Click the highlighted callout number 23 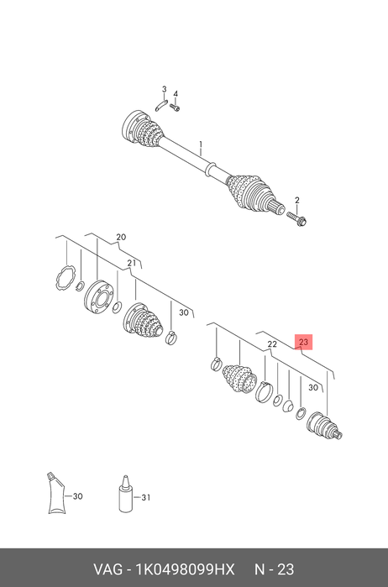coord(303,342)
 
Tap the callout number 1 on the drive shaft coord(201,144)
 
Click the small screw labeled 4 coord(175,107)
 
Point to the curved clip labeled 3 coord(160,106)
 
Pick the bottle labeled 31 coord(124,494)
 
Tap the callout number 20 coord(121,237)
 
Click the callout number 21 coord(131,263)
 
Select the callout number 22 coord(272,344)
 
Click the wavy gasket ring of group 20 coord(66,277)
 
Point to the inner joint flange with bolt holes coord(98,296)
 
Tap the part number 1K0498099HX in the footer coord(185,569)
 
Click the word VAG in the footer coord(107,569)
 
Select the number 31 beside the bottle coord(145,497)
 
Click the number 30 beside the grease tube coord(77,496)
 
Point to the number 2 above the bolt coord(297,200)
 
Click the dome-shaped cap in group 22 coord(287,406)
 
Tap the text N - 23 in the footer coord(275,569)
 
